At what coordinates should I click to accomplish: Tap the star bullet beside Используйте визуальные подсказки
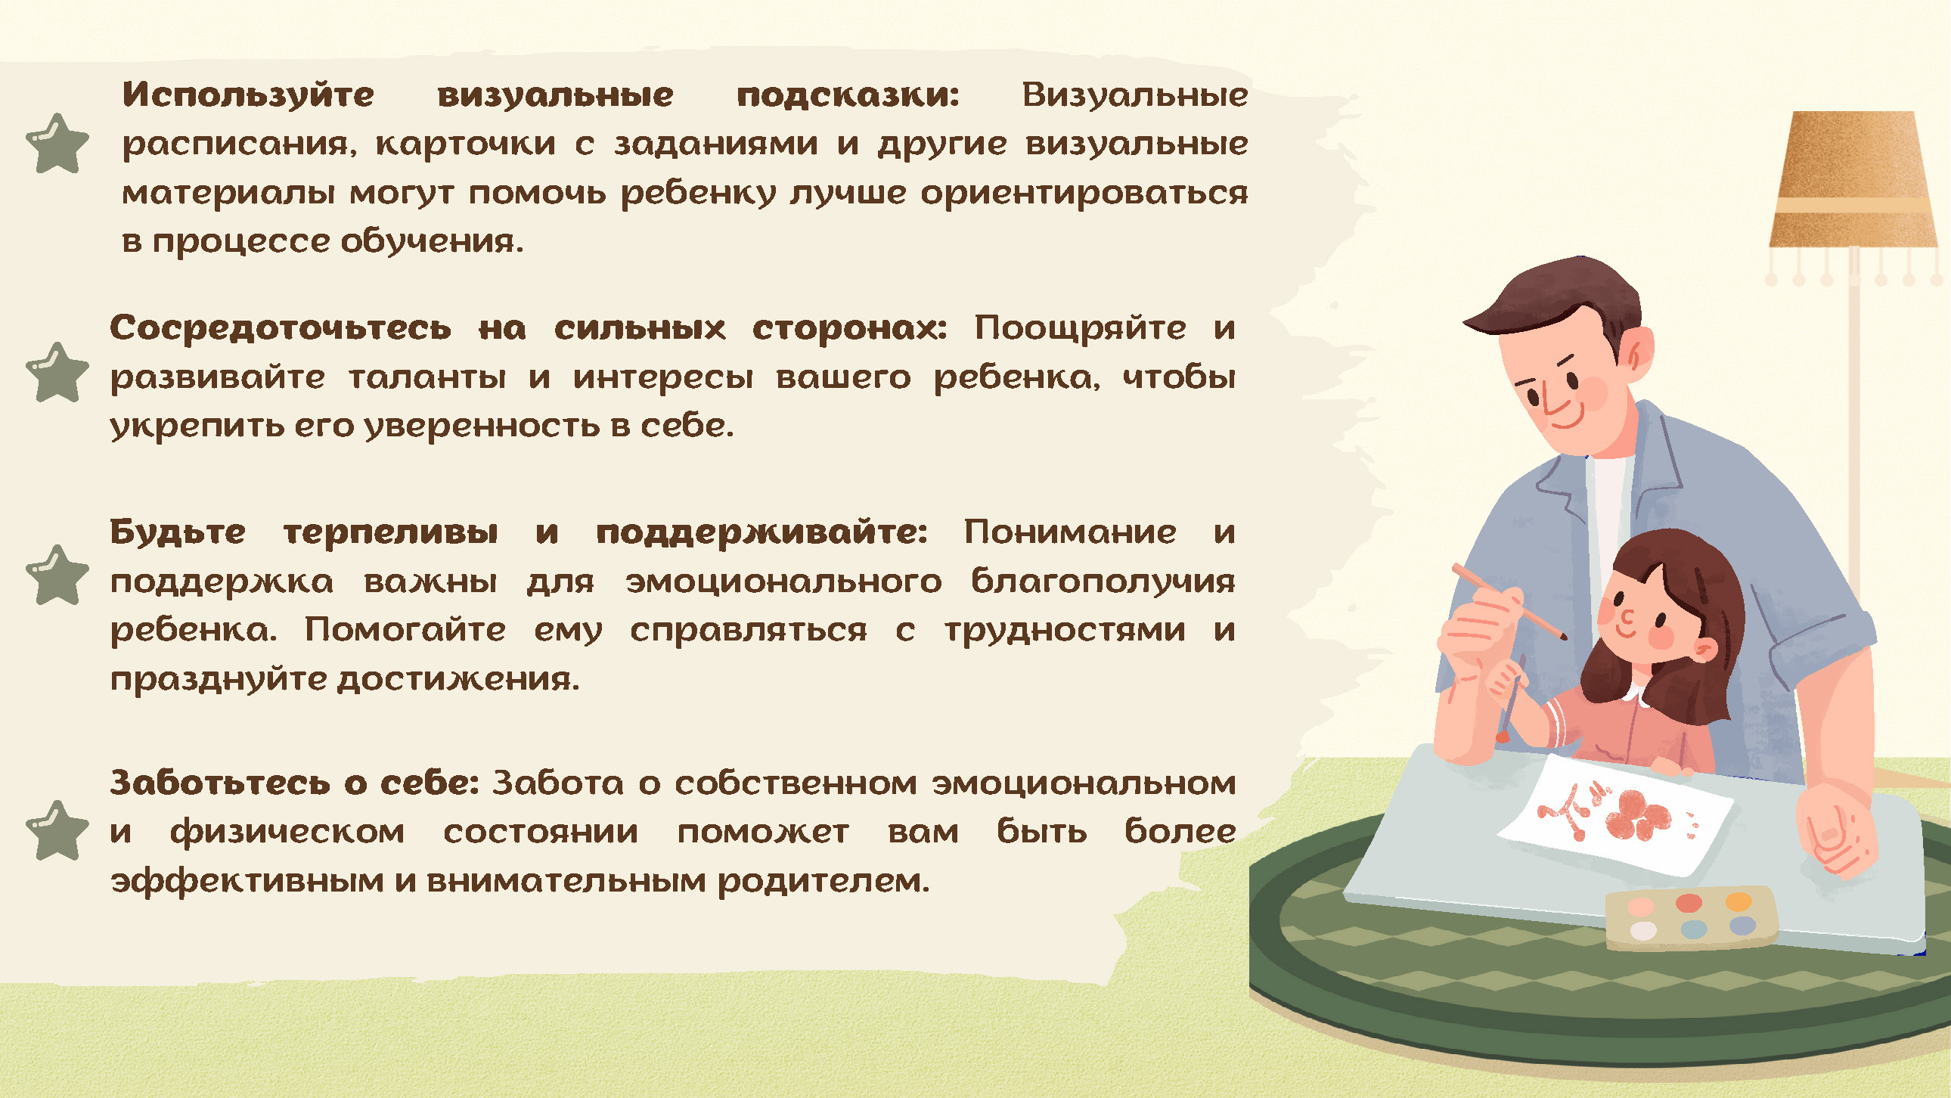[57, 144]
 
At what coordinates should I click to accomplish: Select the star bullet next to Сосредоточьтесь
[57, 372]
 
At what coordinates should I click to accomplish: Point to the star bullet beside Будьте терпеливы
[57, 575]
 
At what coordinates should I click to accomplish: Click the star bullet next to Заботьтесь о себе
[57, 831]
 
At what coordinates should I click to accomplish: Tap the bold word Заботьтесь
[219, 783]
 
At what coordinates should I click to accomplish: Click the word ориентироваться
[1084, 194]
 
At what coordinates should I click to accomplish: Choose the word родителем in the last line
[824, 882]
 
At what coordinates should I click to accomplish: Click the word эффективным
[247, 882]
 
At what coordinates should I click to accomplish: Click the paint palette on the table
[1690, 918]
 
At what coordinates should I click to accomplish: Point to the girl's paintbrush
[1511, 699]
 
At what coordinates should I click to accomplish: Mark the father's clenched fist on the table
[1837, 830]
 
